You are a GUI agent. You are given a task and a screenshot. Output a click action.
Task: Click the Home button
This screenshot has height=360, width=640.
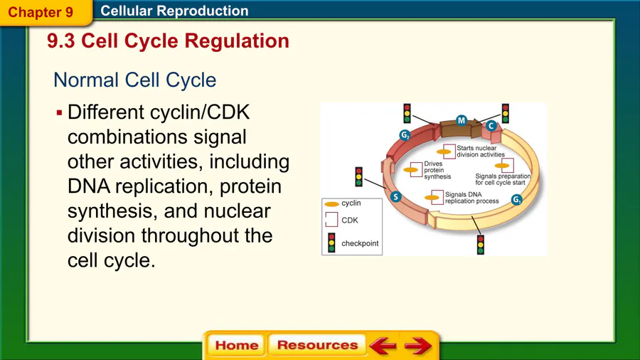click(236, 345)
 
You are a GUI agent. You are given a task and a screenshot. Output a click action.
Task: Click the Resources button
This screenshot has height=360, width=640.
click(317, 345)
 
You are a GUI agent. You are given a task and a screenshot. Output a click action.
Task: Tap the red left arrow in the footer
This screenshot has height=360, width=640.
click(383, 346)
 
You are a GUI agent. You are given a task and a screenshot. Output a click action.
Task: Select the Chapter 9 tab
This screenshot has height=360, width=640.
click(41, 12)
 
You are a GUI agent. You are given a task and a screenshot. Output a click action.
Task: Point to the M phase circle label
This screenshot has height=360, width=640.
click(461, 120)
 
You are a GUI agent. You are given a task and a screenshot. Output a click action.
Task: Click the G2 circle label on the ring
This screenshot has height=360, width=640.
click(404, 136)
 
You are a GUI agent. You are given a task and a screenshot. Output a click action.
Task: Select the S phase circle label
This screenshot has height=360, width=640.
click(396, 196)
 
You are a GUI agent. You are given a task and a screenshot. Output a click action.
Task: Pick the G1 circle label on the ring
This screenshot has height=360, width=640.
click(517, 200)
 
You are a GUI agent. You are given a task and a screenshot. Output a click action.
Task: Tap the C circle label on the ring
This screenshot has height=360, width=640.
click(491, 125)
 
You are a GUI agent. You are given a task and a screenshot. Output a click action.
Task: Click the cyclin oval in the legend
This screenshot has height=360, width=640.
click(331, 204)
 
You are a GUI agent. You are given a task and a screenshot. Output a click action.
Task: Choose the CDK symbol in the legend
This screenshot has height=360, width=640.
click(331, 221)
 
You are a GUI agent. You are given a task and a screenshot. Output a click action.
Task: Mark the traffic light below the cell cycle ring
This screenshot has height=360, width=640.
click(481, 244)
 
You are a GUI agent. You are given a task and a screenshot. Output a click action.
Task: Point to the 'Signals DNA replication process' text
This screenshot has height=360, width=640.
click(471, 198)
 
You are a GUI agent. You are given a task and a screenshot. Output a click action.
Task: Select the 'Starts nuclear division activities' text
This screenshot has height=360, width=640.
click(480, 151)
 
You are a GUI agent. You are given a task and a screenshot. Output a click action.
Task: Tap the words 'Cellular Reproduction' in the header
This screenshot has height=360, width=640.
click(174, 11)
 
